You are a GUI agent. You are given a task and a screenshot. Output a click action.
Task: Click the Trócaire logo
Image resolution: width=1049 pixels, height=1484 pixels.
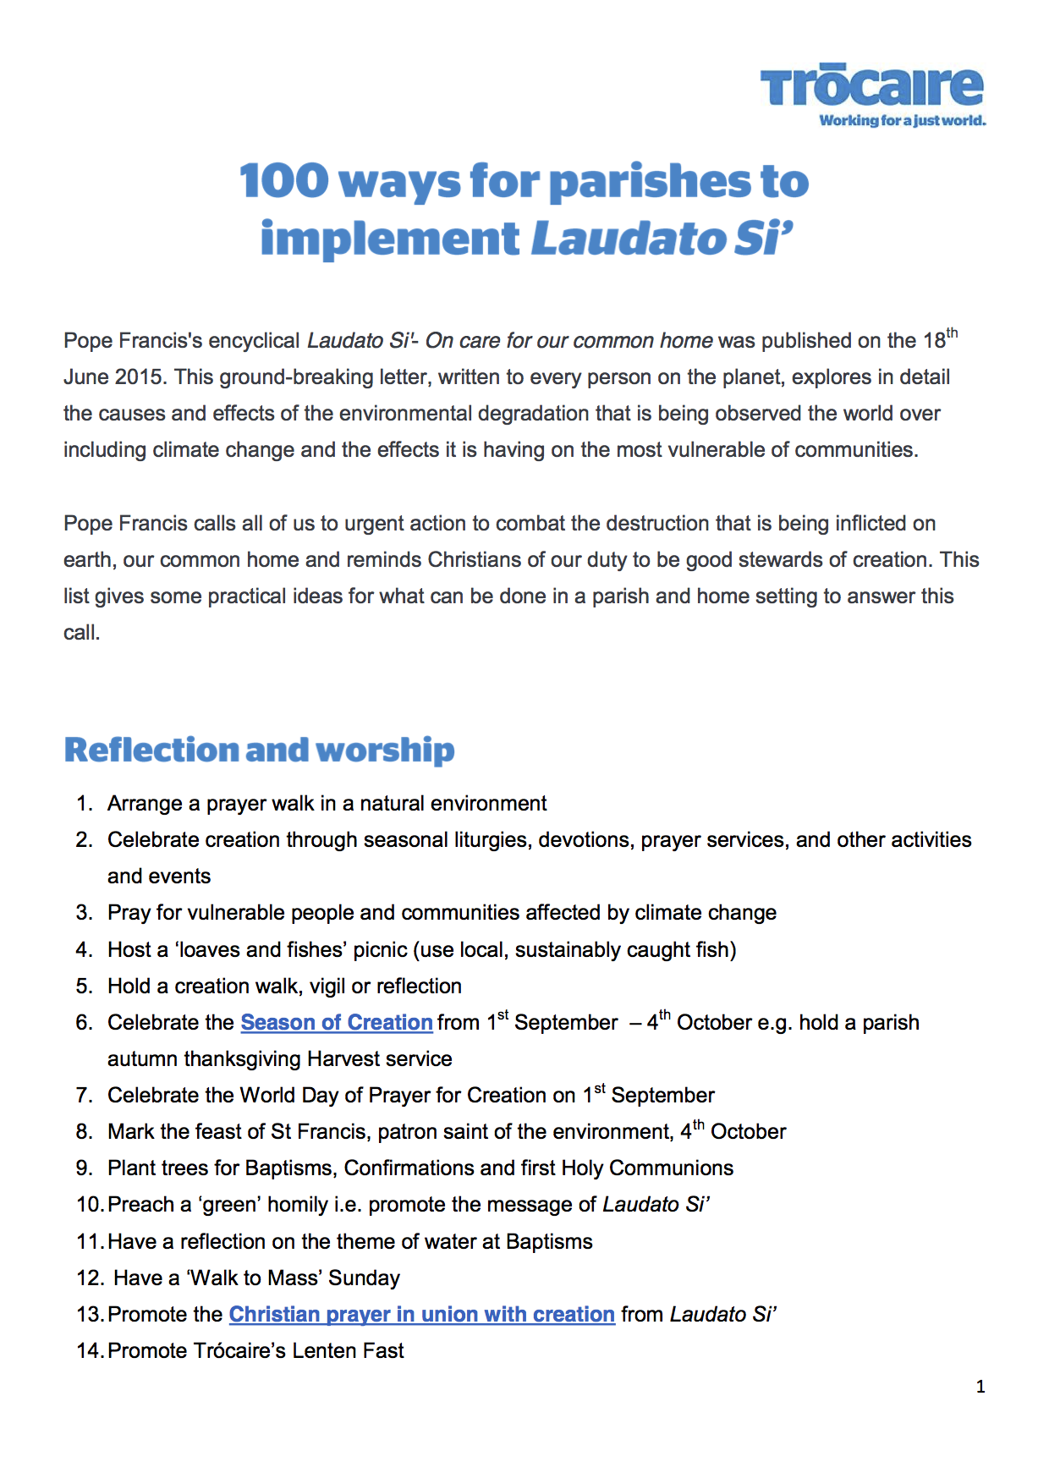(871, 86)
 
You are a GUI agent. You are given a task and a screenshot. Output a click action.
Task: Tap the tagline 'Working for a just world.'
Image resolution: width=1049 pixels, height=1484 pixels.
(902, 121)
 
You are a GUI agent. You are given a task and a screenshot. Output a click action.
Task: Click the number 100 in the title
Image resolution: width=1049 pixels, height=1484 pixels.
(283, 181)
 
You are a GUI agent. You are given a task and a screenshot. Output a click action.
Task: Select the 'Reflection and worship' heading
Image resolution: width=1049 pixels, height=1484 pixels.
(259, 750)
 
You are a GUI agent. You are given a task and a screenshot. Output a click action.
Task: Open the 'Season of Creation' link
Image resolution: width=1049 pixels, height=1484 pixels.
(337, 1023)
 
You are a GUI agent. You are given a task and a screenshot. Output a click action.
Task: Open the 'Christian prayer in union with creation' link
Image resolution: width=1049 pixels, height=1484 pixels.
(421, 1315)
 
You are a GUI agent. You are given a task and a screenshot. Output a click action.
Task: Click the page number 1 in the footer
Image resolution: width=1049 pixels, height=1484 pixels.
(980, 1387)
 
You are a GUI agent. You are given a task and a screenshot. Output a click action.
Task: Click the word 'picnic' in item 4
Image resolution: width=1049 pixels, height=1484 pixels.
(380, 950)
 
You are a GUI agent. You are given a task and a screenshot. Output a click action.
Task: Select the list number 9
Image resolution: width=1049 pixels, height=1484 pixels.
(84, 1168)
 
